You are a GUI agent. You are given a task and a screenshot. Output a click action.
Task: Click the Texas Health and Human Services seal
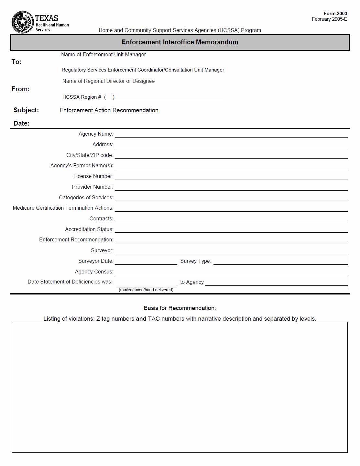click(x=23, y=22)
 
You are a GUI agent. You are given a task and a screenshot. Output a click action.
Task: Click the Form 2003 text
click(x=335, y=14)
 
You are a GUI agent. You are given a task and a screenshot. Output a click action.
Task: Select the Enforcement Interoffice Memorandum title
click(x=180, y=42)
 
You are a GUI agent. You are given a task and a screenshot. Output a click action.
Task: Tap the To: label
click(x=16, y=62)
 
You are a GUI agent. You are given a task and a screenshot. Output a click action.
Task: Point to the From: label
click(x=20, y=89)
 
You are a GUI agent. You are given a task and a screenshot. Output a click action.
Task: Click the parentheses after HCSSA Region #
click(x=109, y=97)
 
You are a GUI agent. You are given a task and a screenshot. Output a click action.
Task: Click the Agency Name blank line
click(x=231, y=134)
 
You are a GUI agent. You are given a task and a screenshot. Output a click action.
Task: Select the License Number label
click(x=93, y=176)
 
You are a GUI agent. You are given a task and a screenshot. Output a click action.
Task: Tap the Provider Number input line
click(x=231, y=187)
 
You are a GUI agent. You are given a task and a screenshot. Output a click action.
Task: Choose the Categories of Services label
click(x=86, y=198)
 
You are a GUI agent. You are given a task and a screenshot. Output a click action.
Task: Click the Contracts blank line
click(x=231, y=219)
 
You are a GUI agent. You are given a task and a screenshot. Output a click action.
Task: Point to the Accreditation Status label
click(x=89, y=229)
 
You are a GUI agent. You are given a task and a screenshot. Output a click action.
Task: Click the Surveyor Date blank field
click(x=146, y=261)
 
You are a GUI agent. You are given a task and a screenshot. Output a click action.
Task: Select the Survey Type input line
click(x=280, y=261)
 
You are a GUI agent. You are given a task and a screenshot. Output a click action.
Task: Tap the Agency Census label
click(x=94, y=272)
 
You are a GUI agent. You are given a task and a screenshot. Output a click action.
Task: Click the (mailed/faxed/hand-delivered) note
click(x=146, y=290)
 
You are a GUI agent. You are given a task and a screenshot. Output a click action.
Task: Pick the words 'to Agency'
click(x=192, y=282)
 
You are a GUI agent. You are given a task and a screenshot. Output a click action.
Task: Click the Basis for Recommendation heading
click(x=180, y=308)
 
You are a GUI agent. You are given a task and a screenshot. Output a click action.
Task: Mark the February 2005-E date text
click(x=329, y=19)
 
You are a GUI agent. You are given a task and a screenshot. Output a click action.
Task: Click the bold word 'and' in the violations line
click(x=141, y=319)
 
